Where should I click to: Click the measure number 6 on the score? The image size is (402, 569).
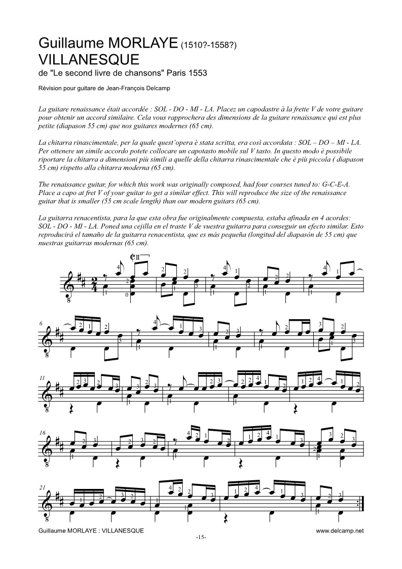[x=41, y=323]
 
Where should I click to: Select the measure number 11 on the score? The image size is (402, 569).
[x=42, y=378]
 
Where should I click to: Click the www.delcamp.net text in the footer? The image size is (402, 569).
[x=340, y=530]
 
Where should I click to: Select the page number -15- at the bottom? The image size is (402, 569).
[x=201, y=537]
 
